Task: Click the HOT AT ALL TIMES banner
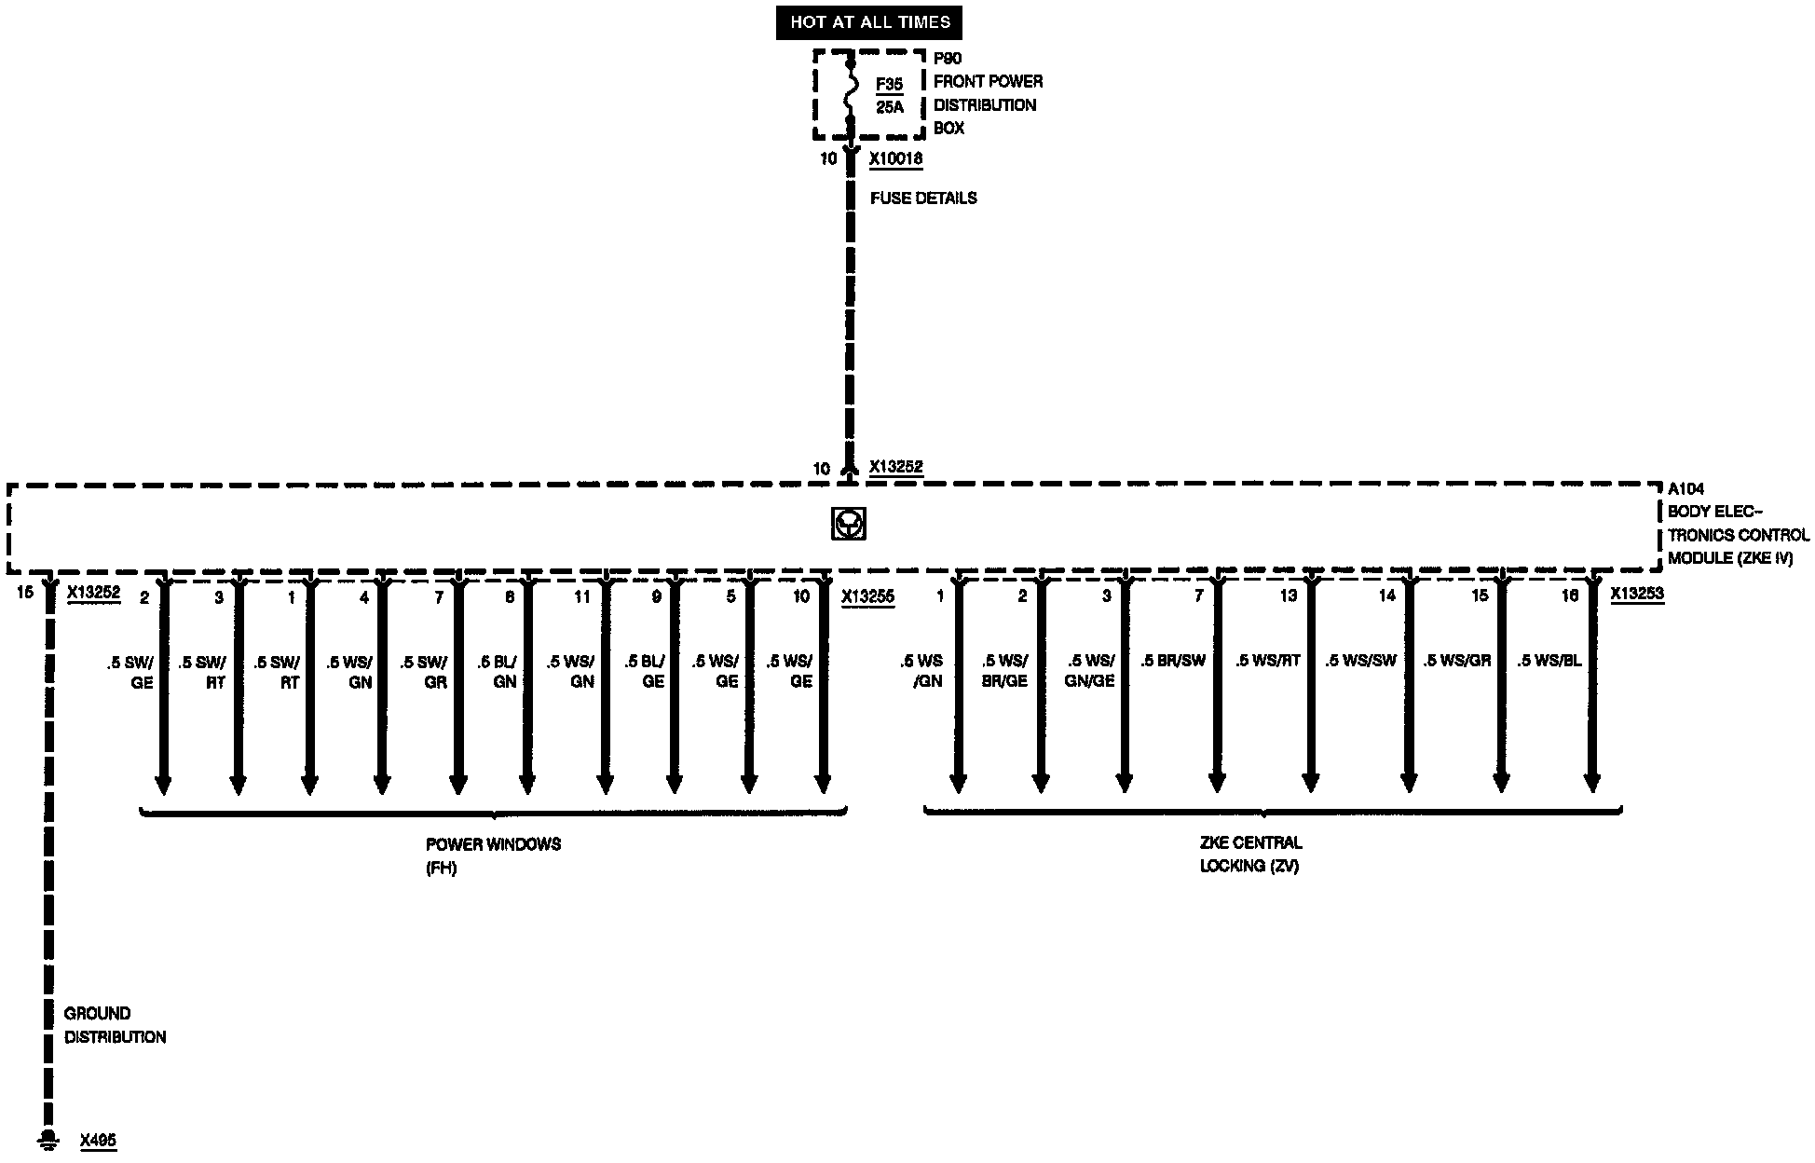coord(869,22)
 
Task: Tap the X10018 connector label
coord(895,159)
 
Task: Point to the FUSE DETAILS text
coord(923,198)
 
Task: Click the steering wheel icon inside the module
coord(848,525)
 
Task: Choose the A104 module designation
coord(1685,488)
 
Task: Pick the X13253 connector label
coord(1637,594)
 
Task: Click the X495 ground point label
coord(98,1140)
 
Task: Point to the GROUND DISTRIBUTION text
coord(115,1025)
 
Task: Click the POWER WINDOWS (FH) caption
coord(493,855)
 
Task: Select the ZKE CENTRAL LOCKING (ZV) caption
coord(1250,854)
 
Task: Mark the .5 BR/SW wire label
coord(1173,661)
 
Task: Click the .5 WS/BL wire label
coord(1549,661)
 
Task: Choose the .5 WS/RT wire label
coord(1267,661)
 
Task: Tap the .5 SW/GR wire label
coord(425,672)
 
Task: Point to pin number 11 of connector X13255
coord(581,597)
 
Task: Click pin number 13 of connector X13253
coord(1288,595)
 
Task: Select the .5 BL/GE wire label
coord(645,672)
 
